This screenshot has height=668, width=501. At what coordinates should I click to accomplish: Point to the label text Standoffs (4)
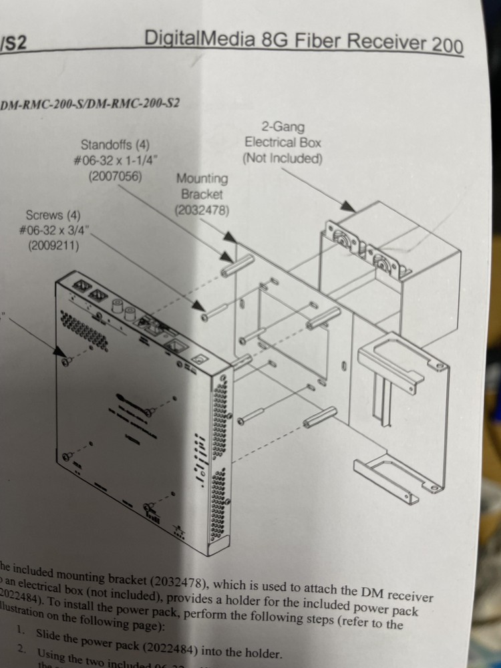[115, 144]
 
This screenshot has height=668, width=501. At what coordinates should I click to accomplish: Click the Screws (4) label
[53, 215]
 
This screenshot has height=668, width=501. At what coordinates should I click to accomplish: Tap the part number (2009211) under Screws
[53, 246]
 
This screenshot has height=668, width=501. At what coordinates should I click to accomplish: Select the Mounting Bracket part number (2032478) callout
[202, 210]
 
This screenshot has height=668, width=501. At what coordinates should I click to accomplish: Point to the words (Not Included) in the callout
[282, 158]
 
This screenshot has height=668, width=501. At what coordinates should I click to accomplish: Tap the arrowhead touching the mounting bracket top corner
[230, 237]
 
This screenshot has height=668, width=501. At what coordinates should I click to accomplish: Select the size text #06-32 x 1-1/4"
[115, 160]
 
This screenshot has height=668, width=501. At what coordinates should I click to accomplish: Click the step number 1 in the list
[21, 629]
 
